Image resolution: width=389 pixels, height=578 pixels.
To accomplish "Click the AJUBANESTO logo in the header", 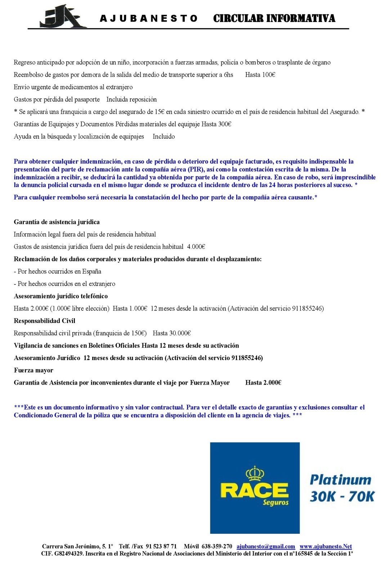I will [63, 17].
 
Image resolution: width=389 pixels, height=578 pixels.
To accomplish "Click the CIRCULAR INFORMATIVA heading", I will [274, 18].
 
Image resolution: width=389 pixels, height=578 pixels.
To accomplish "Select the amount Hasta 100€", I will [260, 75].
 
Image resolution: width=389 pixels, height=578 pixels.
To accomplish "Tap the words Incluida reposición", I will [131, 100].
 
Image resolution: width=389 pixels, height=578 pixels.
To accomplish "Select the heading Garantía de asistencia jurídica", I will [57, 222].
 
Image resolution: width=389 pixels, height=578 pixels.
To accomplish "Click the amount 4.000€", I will [196, 247].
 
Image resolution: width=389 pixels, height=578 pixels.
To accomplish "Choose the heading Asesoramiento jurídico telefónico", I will [61, 296].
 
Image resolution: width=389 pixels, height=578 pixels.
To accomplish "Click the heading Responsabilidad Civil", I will [44, 321].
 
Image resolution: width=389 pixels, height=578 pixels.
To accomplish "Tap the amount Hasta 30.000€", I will [171, 333].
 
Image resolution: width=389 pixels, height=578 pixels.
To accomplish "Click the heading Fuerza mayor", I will [33, 371].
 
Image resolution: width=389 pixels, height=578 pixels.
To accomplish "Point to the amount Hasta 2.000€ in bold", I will [263, 383].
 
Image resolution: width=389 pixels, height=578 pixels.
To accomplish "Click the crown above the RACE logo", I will [255, 473].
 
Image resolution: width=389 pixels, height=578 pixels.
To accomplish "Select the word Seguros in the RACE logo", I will [276, 502].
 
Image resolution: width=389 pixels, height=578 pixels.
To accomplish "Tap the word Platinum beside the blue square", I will [340, 480].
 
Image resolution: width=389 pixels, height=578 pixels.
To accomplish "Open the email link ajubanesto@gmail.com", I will [265, 547].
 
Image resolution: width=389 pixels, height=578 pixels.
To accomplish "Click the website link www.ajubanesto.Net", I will [326, 547].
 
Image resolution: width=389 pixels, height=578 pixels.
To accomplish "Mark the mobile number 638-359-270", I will [217, 547].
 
